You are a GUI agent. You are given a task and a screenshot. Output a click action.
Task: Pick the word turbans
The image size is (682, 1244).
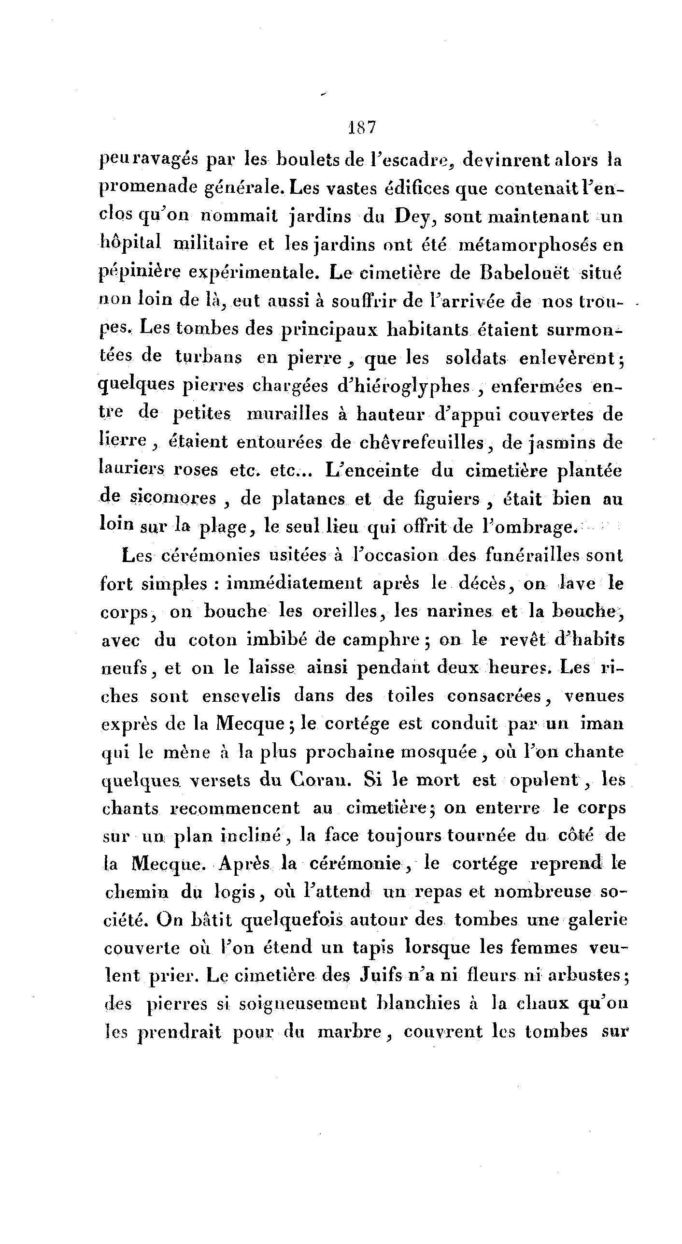point(209,358)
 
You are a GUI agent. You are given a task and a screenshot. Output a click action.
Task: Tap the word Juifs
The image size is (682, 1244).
point(381,976)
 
